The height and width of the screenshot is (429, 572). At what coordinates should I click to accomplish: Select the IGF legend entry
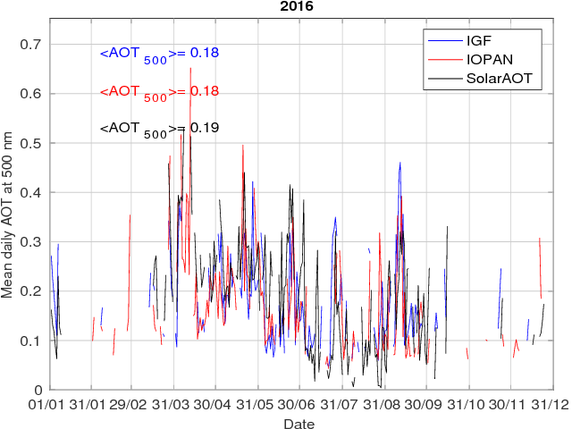click(x=479, y=40)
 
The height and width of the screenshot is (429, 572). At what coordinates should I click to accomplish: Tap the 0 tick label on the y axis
click(x=39, y=390)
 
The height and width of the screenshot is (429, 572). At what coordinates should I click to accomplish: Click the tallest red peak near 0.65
click(x=190, y=69)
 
